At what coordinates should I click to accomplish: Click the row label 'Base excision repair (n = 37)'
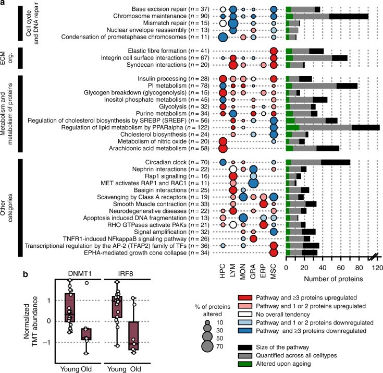169,9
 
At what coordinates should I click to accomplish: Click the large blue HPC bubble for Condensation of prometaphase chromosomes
223,37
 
